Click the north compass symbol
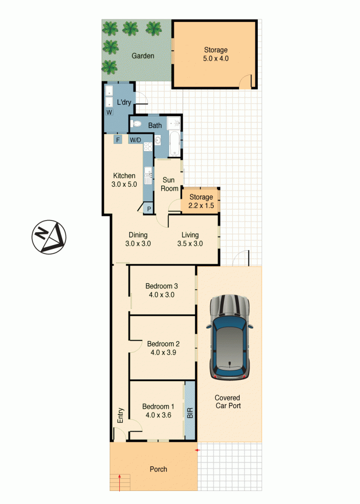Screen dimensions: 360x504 (49, 237)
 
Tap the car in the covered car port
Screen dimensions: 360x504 (229, 337)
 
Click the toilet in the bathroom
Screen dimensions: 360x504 (137, 123)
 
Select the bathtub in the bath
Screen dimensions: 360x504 (175, 144)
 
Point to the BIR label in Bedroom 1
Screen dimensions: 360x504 (190, 413)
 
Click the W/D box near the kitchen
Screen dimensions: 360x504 (135, 140)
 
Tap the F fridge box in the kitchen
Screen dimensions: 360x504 (118, 139)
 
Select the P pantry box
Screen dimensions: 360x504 (149, 209)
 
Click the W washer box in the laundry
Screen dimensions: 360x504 (109, 112)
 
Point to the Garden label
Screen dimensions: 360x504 (143, 56)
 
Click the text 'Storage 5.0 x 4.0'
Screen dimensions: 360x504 (216, 54)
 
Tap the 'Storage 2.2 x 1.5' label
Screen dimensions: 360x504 (201, 201)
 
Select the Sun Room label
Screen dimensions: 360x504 (169, 184)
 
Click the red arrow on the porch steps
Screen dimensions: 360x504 (120, 482)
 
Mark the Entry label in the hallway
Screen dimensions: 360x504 (121, 415)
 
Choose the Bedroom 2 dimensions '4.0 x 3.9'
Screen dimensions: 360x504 (163, 352)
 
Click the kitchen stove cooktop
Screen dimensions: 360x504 (148, 147)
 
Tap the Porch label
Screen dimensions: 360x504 (158, 469)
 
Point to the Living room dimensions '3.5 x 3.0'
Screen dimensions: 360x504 (190, 243)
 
